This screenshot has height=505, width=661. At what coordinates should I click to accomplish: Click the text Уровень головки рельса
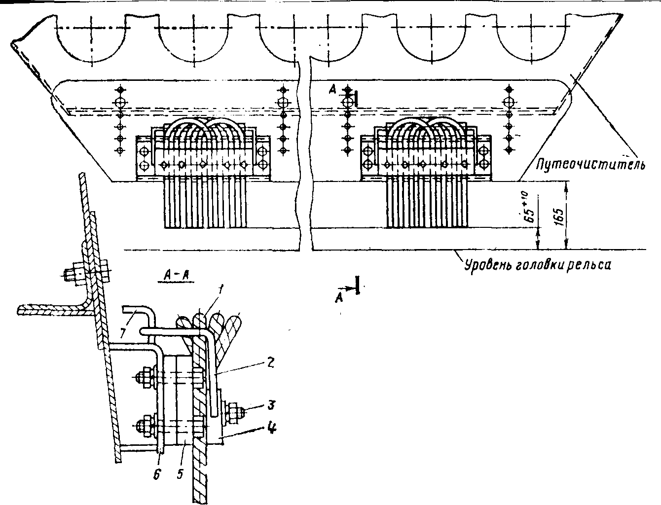pyautogui.click(x=538, y=265)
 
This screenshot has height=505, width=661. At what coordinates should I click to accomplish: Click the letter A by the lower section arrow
pyautogui.click(x=339, y=296)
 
